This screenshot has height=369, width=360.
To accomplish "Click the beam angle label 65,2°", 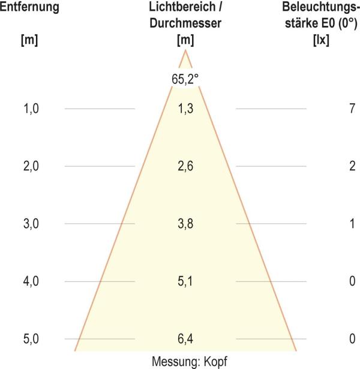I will pyautogui.click(x=185, y=79).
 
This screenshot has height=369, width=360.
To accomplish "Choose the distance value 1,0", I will pyautogui.click(x=29, y=109).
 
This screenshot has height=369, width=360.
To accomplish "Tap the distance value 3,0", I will pyautogui.click(x=29, y=224).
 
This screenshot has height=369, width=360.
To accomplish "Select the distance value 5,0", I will pyautogui.click(x=29, y=339).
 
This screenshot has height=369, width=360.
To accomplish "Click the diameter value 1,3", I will pyautogui.click(x=185, y=109).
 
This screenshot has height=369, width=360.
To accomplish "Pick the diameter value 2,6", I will pyautogui.click(x=185, y=166).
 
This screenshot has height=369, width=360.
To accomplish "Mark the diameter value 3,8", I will pyautogui.click(x=185, y=224).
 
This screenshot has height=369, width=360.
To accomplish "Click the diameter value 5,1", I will pyautogui.click(x=185, y=281).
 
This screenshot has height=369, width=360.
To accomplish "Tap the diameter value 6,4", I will pyautogui.click(x=185, y=339).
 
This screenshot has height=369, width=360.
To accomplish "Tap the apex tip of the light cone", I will pyautogui.click(x=185, y=50).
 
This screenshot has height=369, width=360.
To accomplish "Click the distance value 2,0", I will pyautogui.click(x=29, y=166).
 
